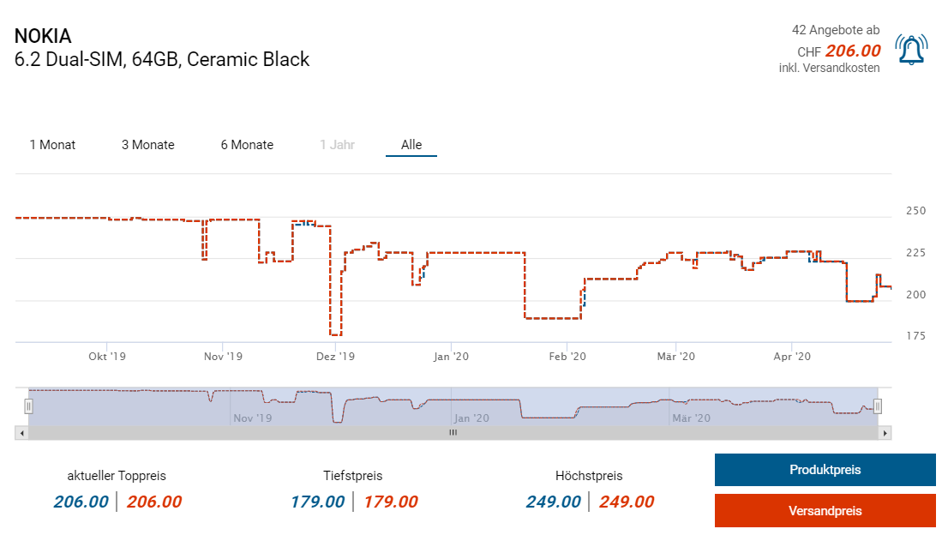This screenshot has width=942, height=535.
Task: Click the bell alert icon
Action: point(911,50)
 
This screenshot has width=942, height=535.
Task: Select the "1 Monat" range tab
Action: point(52,145)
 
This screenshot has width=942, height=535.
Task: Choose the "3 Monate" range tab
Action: point(147,145)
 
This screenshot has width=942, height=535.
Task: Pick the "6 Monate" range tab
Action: point(247,145)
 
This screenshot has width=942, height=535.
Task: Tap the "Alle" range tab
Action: point(411,145)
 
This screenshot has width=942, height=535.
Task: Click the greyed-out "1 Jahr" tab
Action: point(337,145)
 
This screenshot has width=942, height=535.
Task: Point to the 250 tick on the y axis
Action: point(916,211)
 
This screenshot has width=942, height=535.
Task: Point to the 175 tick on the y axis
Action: point(916,336)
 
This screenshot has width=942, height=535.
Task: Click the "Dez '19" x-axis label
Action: point(335,356)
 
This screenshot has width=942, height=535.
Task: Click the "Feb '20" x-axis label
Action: point(567,356)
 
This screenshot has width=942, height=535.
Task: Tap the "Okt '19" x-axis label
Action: point(107,356)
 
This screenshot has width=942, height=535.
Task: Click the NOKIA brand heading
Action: point(43,37)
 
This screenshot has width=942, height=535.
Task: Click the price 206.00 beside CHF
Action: point(853,51)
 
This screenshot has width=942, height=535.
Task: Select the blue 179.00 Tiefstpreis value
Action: point(317,502)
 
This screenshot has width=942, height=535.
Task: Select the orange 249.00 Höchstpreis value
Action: point(627,502)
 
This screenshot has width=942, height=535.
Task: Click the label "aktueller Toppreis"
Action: point(117,476)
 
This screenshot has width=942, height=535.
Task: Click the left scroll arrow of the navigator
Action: point(21,433)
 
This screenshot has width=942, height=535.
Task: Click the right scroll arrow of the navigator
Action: point(885,433)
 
